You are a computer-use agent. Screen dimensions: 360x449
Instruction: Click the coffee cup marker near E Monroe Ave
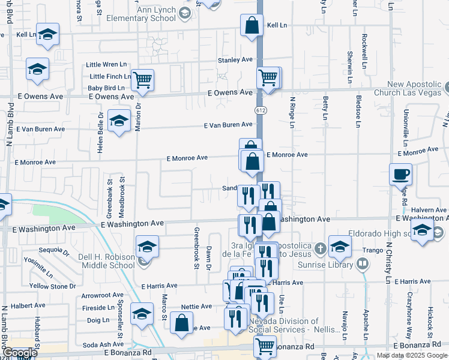click(401, 175)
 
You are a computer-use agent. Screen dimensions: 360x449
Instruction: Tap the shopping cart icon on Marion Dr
click(142, 80)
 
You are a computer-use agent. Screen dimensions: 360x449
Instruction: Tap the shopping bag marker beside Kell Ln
click(252, 25)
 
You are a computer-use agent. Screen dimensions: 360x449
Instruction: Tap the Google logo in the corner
click(20, 353)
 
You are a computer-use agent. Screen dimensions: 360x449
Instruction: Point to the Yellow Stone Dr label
click(50, 286)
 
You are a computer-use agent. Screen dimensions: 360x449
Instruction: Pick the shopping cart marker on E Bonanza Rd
click(265, 346)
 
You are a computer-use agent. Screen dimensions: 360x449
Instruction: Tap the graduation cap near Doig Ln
click(142, 314)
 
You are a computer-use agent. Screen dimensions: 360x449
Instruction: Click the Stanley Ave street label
click(235, 60)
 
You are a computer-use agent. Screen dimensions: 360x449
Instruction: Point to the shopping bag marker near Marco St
click(181, 323)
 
